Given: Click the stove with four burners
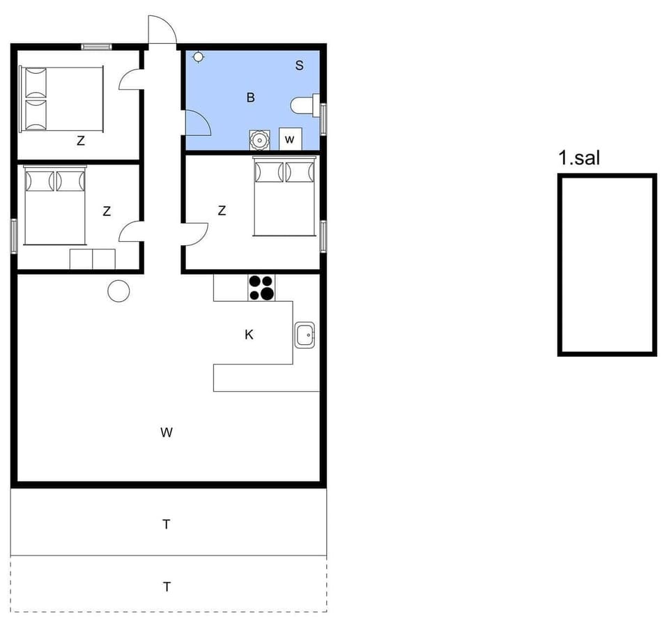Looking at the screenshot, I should pos(262,287).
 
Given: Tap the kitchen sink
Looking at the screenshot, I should pos(305,335).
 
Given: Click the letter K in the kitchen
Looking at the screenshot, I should pos(249,335).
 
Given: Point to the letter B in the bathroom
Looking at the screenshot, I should pos(250,98).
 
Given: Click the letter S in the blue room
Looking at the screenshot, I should pos(299,66).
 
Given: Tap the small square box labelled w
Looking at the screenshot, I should pos(290,139).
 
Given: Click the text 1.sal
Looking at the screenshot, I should pos(579,158).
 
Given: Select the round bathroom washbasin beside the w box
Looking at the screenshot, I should pos(259,139).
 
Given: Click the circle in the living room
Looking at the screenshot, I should pos(119,291).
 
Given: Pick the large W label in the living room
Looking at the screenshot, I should pos(166,433).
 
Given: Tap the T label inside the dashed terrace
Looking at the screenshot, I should pos(167,587).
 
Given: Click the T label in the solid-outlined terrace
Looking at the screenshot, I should pos(167,524).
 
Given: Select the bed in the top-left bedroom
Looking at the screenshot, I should pos(61,99).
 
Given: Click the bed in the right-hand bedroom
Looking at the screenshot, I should pos(284,197).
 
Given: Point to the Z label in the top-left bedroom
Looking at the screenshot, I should pos(81,141).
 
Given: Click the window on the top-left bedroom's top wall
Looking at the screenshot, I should pos(96,47).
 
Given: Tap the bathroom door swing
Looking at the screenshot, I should pos(198,123).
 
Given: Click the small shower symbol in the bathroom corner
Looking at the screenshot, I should pos(198,56).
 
